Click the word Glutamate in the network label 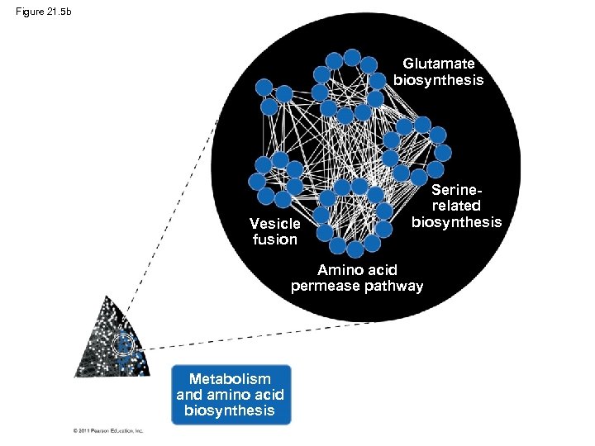pos(439,64)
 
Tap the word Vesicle pos(275,224)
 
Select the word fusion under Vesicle pos(275,240)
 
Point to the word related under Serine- pos(456,206)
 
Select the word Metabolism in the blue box pos(230,379)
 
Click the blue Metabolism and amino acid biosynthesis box pos(231,395)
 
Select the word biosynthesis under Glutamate pos(439,80)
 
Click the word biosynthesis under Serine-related pos(456,221)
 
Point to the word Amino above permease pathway pos(340,270)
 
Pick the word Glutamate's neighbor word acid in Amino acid pos(383,270)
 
